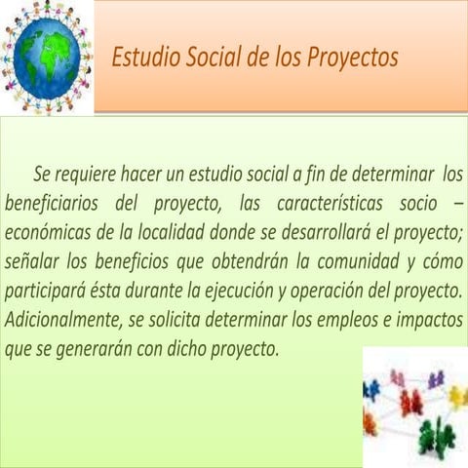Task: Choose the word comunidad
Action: (x=355, y=263)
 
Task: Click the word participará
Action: (x=48, y=292)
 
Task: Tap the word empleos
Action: (x=345, y=320)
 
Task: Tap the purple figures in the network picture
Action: (x=435, y=377)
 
